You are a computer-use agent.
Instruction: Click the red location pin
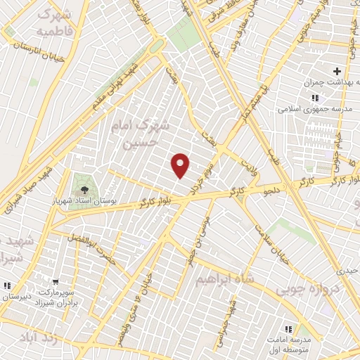coord(181,165)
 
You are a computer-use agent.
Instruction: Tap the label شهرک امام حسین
coord(141,134)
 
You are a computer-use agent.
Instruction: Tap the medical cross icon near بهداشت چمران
coord(337,71)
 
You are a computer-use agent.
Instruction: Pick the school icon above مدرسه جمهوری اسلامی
coord(314,97)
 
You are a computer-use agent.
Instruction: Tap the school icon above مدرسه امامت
coord(287,328)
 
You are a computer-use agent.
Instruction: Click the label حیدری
coord(347,269)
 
